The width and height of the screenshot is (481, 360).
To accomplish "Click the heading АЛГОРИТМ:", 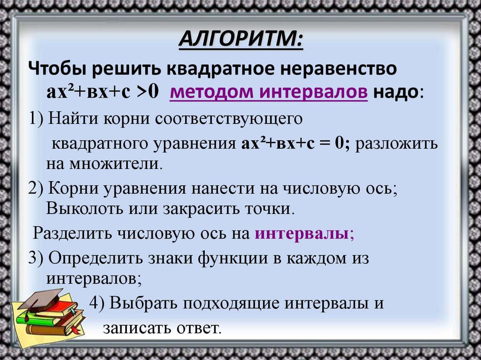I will [x=241, y=39].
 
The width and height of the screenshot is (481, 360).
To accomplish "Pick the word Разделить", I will [x=71, y=233].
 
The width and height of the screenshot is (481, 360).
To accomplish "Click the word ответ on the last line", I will [x=199, y=327].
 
